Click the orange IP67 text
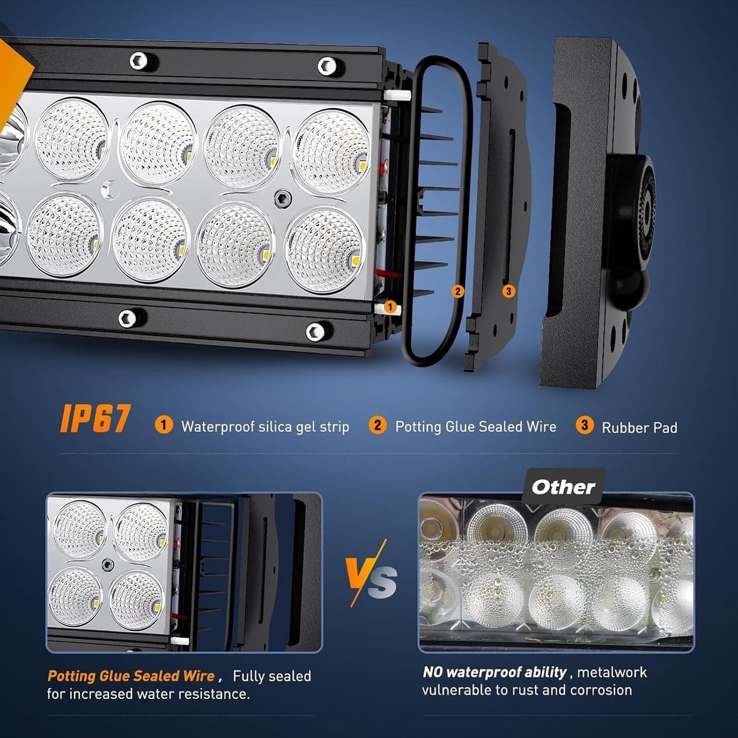94,419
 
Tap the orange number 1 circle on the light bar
390,307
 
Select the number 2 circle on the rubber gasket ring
457,291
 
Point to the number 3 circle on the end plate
508,291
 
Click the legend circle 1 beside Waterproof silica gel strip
163,425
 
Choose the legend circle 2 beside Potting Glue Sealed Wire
377,425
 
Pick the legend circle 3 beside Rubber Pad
584,425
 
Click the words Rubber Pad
639,427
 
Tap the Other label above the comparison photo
563,487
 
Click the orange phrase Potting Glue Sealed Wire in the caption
131,676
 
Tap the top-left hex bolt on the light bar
138,60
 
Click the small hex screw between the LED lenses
282,198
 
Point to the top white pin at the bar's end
397,96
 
